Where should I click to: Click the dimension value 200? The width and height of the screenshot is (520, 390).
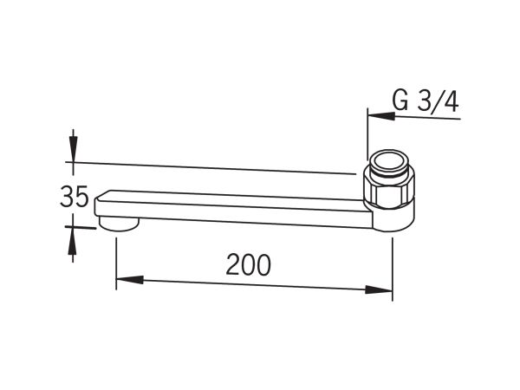point(248,264)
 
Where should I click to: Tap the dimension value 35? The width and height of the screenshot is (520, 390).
point(75,197)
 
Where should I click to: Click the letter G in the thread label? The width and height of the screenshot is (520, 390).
point(400,101)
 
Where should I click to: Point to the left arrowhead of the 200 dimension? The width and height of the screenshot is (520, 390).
point(130,280)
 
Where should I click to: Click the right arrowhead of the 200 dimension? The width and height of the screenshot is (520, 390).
point(379,289)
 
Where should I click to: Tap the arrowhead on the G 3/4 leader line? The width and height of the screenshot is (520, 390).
point(381,116)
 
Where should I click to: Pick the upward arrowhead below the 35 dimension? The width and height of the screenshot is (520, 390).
point(72,241)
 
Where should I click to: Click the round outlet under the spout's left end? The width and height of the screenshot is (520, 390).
point(119,224)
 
